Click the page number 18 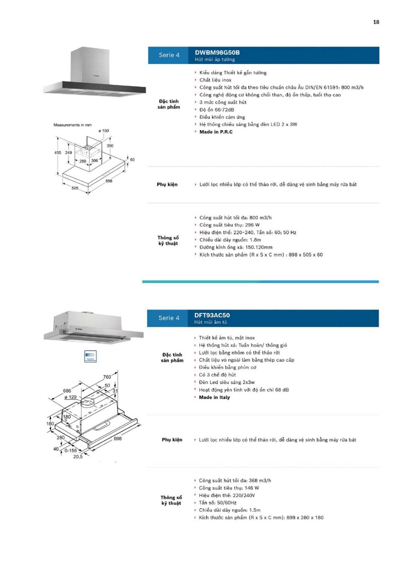tap(376, 22)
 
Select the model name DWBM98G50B tap(217, 52)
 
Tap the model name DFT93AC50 tap(212, 315)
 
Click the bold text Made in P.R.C tap(216, 132)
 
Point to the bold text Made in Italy tap(214, 397)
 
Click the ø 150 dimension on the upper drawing tap(103, 131)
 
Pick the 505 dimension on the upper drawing tap(75, 188)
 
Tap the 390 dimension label tap(110, 146)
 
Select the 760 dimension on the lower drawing tap(107, 377)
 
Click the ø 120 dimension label tap(71, 397)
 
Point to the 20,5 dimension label tap(78, 456)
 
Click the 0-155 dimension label tap(71, 450)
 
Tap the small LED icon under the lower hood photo tap(90, 356)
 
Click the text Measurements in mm tap(73, 125)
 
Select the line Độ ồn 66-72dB tap(217, 110)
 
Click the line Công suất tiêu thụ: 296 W tap(229, 225)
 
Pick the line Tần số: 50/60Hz tap(218, 503)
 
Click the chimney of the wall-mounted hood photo tap(90, 64)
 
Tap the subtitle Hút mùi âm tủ tap(211, 322)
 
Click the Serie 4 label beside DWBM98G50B tap(169, 55)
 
